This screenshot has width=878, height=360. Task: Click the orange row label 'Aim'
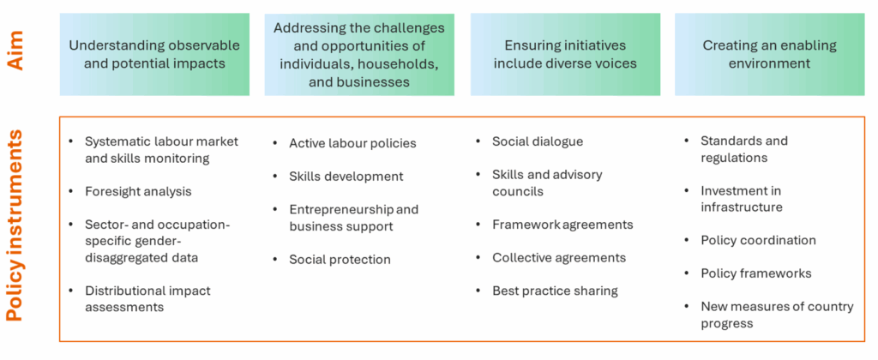[x=19, y=54]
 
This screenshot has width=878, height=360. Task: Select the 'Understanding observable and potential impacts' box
[x=154, y=54]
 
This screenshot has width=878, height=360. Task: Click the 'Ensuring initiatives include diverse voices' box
[x=565, y=54]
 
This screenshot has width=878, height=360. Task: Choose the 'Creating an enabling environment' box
[x=769, y=54]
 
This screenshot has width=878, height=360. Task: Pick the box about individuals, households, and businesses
[x=359, y=54]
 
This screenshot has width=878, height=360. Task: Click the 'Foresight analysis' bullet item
[x=138, y=191]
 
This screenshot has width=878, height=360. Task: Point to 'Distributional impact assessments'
[x=147, y=299]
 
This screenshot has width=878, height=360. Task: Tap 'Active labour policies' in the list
[x=352, y=143]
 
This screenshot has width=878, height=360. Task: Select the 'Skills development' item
[x=346, y=177]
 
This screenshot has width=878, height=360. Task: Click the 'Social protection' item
[x=340, y=260]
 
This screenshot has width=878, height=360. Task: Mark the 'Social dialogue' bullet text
[x=538, y=141]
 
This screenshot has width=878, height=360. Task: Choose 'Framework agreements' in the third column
[x=562, y=225]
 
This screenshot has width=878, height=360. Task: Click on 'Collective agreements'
[x=559, y=257]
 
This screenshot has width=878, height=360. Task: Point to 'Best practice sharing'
[x=555, y=291]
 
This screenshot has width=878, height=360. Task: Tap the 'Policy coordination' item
[x=758, y=241]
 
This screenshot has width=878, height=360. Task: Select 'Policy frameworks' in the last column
[x=756, y=273]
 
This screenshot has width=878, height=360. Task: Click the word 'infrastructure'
[x=742, y=207]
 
